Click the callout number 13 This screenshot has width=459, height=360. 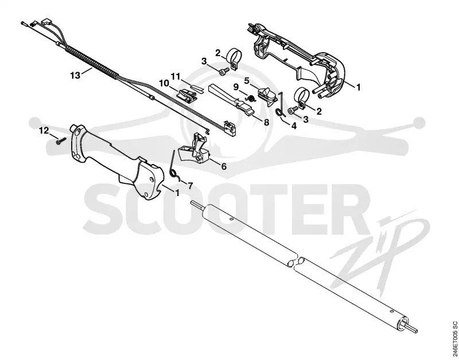(75, 76)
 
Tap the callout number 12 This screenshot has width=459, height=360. (44, 131)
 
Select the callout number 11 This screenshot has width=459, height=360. (176, 77)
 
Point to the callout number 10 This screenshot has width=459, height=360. (164, 83)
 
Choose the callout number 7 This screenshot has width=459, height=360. (190, 185)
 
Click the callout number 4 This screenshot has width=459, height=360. (294, 126)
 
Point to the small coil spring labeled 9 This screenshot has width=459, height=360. (251, 99)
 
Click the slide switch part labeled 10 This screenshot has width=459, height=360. (185, 95)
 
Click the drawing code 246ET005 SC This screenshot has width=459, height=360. (454, 339)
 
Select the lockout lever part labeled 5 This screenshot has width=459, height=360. (267, 95)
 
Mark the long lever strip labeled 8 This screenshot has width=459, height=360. (231, 99)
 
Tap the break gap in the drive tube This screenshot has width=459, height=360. (296, 261)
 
